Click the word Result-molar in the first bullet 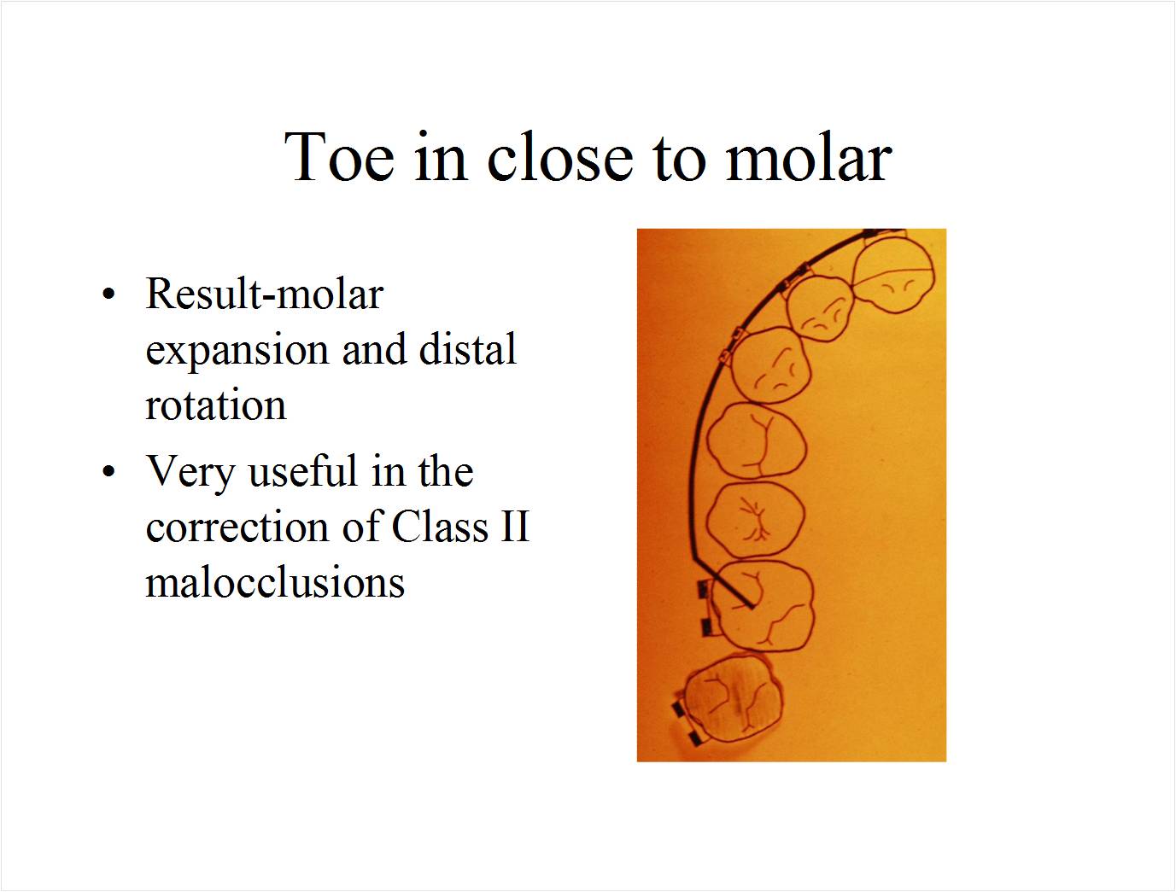(264, 294)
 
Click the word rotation (215, 405)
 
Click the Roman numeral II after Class (514, 527)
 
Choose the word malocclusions (275, 582)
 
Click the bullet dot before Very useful (108, 471)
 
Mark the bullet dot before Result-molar (108, 294)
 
